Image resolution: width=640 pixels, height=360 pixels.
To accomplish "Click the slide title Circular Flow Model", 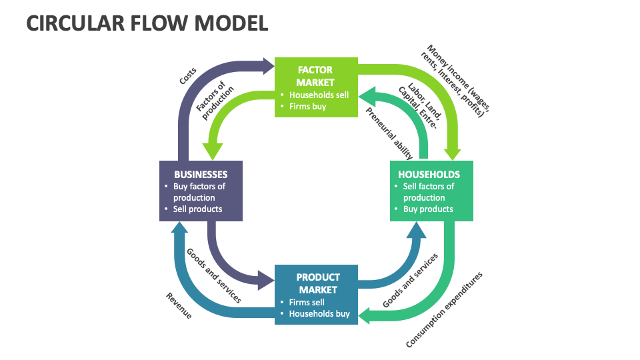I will (x=147, y=23).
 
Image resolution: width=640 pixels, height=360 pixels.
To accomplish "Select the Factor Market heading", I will (x=315, y=76).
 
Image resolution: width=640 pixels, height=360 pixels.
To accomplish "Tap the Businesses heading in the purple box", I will (x=201, y=175).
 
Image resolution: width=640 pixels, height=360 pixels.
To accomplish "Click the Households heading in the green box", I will (x=429, y=175).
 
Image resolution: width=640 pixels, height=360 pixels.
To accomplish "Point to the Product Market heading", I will (x=318, y=283).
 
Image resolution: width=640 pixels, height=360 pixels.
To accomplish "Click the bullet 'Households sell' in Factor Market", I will (x=319, y=95).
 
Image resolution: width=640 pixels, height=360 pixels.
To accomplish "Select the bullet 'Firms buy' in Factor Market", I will (x=307, y=106).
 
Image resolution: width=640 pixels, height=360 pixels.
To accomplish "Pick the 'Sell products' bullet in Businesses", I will (x=197, y=209).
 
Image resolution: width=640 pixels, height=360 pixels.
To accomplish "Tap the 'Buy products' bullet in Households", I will (x=428, y=209).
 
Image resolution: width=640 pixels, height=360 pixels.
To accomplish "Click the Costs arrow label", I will (x=187, y=77).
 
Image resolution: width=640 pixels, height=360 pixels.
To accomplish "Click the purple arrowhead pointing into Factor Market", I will (x=267, y=66).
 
